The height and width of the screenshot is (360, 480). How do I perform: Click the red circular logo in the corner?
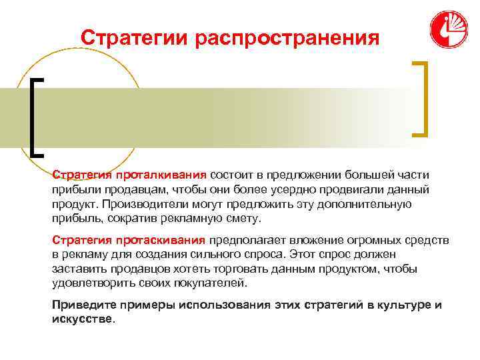click(x=449, y=30)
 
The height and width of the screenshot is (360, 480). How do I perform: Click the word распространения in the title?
click(x=287, y=37)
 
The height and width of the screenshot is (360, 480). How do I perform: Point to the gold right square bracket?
click(x=421, y=99)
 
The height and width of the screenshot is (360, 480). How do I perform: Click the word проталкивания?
click(x=161, y=175)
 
